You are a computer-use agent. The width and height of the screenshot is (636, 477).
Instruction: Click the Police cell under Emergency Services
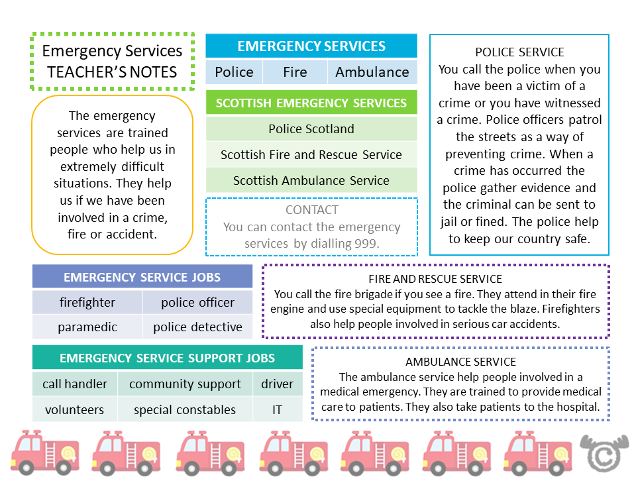pos(234,72)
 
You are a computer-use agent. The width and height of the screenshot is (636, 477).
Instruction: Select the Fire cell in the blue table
pos(295,72)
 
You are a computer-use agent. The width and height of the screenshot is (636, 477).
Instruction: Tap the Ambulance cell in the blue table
pos(372,72)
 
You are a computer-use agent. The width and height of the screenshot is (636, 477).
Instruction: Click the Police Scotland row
pos(311,129)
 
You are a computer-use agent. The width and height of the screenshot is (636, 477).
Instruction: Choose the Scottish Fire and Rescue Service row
pos(311,154)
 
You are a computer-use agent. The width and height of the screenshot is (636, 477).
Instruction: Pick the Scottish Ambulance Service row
pos(311,180)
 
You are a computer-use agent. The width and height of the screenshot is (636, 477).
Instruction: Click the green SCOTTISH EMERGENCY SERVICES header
pos(311,103)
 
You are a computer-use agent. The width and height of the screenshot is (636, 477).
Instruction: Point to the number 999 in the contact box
pos(366,243)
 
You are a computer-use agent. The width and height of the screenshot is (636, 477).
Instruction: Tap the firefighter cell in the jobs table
pos(87,302)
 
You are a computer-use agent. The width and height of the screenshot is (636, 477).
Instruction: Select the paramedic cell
pos(87,327)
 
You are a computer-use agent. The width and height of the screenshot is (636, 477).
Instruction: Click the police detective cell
pos(197,327)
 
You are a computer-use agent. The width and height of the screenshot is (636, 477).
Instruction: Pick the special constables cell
pos(185,409)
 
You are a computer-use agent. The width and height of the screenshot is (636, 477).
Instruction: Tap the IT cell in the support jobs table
pos(277,409)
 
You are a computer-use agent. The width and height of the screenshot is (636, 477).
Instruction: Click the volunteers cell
pos(74,409)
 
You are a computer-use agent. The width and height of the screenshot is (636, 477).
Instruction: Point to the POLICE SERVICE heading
pos(519,52)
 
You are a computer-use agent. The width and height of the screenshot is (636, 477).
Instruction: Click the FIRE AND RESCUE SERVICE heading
pos(435,279)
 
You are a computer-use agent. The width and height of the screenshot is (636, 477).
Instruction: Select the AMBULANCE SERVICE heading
pos(460,362)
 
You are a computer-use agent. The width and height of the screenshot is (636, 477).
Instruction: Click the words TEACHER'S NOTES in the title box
pos(113,72)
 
